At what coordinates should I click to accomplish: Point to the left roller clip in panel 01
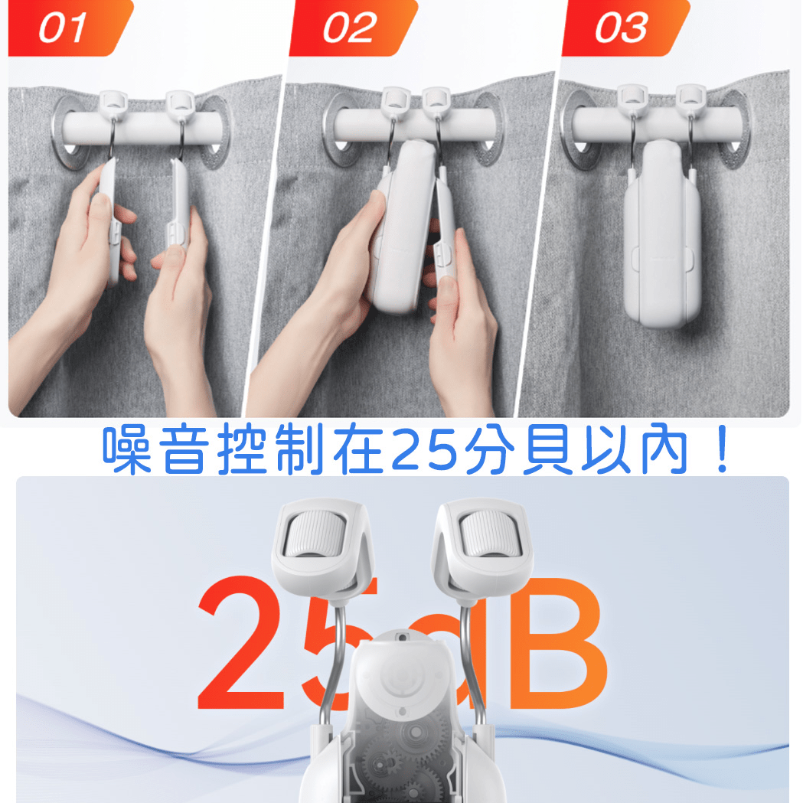(113, 104)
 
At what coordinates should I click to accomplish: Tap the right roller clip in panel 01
(180, 104)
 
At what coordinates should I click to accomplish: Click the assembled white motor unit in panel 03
(661, 233)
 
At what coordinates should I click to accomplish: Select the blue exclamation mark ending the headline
(723, 449)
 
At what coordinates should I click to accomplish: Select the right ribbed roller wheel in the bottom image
(489, 533)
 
